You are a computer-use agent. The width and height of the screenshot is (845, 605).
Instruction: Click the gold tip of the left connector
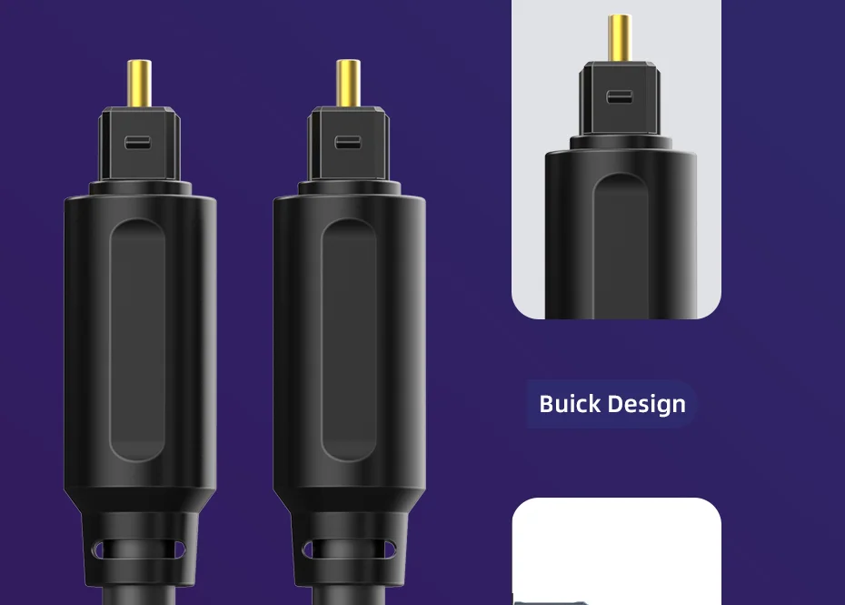pyautogui.click(x=139, y=83)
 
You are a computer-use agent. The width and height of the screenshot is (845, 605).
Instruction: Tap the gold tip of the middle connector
pyautogui.click(x=348, y=83)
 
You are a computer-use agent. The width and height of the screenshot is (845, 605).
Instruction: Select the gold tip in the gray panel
pyautogui.click(x=620, y=38)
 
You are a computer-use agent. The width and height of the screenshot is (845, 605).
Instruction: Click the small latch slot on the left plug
pyautogui.click(x=138, y=143)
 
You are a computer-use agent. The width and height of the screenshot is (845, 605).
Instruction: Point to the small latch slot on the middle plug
pyautogui.click(x=348, y=143)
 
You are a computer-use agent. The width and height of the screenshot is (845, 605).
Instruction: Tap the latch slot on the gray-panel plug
pyautogui.click(x=619, y=97)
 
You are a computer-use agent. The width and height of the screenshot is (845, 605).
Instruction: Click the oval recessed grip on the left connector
pyautogui.click(x=137, y=340)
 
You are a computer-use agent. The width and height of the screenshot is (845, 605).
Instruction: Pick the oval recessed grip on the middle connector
pyautogui.click(x=349, y=340)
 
